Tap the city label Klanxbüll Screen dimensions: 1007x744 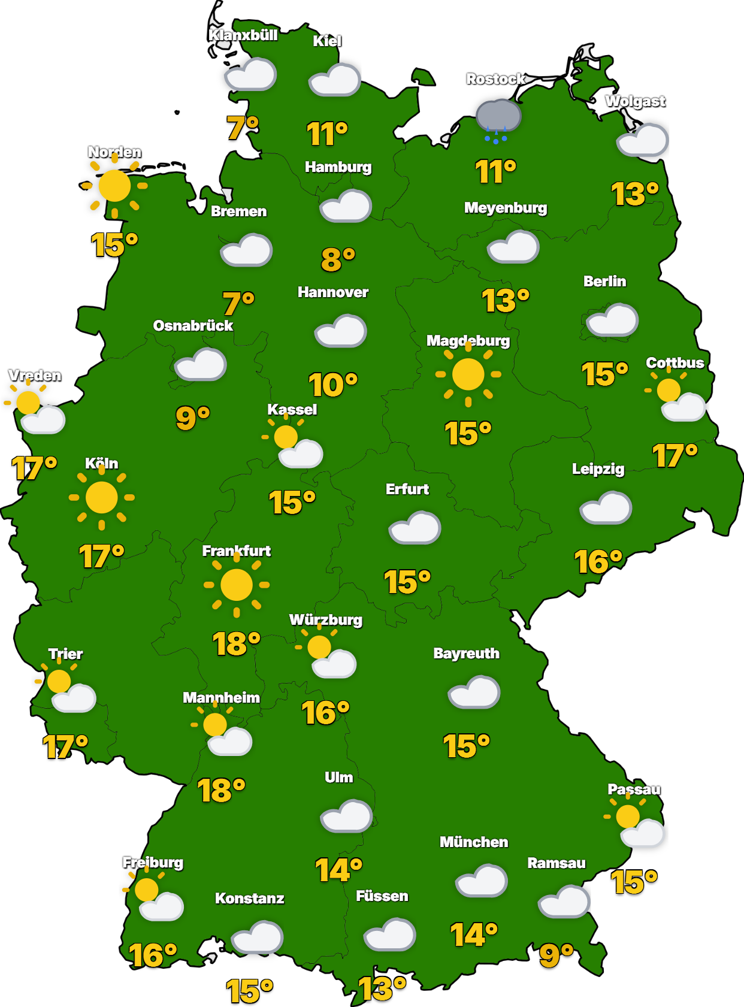point(243,35)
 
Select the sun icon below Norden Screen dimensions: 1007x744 point(114,186)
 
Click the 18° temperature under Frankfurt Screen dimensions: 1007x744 point(236,644)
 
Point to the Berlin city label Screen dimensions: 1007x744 point(604,282)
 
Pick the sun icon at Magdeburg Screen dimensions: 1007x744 point(468,374)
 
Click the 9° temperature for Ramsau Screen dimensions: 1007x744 point(556,955)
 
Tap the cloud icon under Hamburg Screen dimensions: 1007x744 point(346,206)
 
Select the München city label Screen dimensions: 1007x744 point(474,842)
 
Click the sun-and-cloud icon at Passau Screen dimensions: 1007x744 point(635,824)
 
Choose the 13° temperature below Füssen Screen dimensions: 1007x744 point(382,988)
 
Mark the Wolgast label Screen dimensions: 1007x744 point(635,101)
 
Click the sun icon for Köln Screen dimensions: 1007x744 point(102,497)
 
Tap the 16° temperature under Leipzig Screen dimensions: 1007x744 point(598,562)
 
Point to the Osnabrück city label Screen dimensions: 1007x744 point(193,326)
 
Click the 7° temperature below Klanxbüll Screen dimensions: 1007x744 point(243,128)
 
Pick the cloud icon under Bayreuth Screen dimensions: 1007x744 point(474,692)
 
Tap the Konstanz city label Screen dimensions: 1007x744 point(249,899)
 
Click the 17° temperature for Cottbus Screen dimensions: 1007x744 point(675,456)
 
